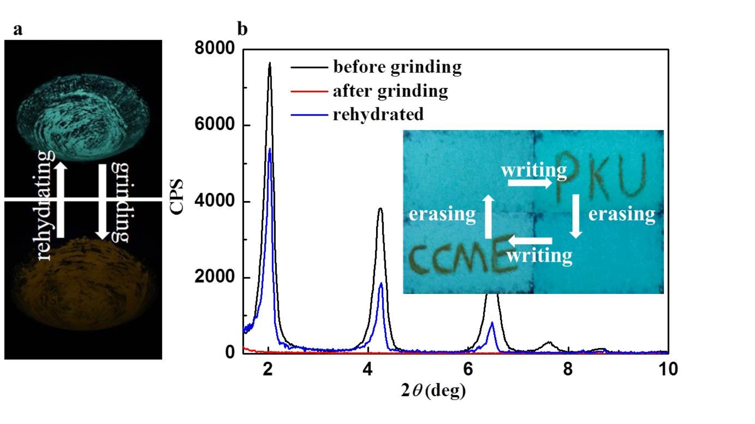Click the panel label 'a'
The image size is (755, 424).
tap(18, 30)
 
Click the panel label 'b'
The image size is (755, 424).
tap(242, 29)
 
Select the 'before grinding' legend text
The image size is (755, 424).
tap(397, 67)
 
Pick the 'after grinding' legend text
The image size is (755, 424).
tap(390, 91)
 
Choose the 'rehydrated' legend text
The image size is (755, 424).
tap(378, 114)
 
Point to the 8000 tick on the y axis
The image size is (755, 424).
tap(215, 48)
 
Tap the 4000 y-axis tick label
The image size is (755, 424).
tap(215, 201)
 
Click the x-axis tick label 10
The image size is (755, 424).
tap(668, 369)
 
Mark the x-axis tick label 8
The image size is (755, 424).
tap(567, 369)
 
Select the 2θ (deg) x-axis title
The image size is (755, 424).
tap(433, 390)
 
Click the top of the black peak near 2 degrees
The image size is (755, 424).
tap(270, 63)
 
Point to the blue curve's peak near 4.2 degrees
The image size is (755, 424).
tap(381, 284)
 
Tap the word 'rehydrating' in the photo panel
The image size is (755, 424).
tap(46, 205)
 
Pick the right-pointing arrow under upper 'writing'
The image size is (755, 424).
tap(530, 183)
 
